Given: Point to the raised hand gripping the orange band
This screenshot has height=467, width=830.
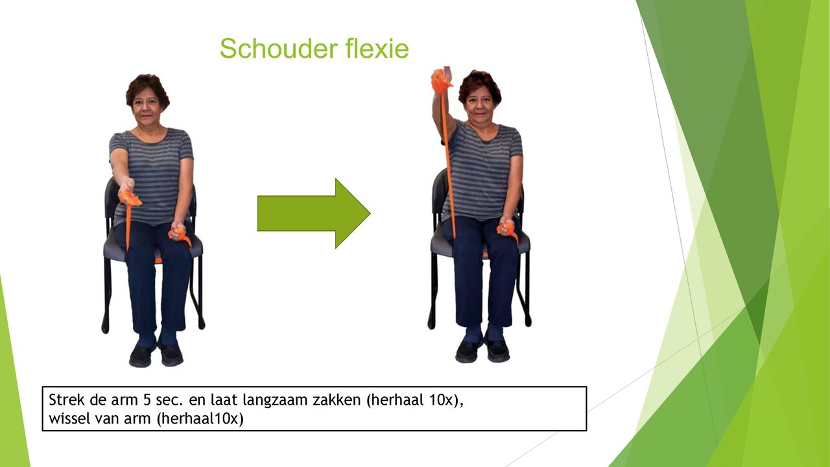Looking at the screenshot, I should point(442,80).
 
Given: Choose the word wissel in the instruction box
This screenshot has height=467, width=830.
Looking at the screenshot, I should point(68,418).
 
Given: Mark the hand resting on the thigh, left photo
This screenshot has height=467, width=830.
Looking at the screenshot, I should point(177,232).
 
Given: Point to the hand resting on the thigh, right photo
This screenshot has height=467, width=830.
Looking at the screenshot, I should point(506,227).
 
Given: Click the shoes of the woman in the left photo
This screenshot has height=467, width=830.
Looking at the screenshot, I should point(156,353).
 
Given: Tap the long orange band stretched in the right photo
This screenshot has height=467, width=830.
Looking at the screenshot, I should point(447,162).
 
